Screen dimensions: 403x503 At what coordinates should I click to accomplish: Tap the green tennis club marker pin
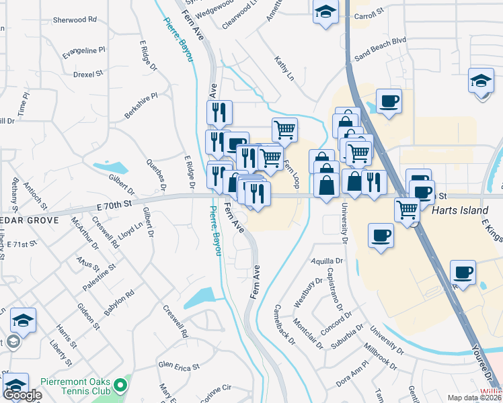point(121,386)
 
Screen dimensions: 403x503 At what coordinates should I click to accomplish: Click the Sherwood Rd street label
point(75,20)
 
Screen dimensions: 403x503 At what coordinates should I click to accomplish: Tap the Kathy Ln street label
point(284,69)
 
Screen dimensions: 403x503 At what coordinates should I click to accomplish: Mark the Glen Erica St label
point(178,367)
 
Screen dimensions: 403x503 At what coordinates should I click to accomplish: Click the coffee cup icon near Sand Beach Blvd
point(389,101)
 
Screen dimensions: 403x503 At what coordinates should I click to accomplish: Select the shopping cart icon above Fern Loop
point(285,129)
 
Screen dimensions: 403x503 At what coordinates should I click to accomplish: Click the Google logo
point(22,395)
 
